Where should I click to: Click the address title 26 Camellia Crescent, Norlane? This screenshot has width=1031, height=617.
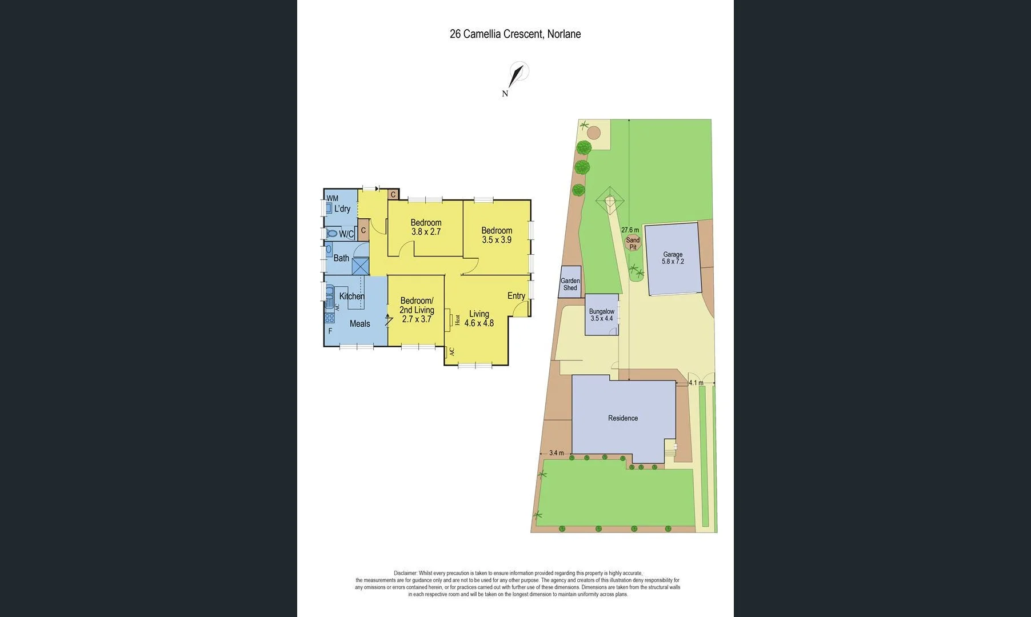(515, 34)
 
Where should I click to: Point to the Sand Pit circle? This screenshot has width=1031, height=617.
(633, 243)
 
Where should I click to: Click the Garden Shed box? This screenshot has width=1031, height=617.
(570, 282)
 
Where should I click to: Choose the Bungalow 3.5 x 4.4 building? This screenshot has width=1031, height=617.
(601, 315)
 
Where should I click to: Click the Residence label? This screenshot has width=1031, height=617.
(623, 418)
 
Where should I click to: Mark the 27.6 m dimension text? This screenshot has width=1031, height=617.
(630, 230)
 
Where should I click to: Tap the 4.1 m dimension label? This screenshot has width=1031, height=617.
(696, 383)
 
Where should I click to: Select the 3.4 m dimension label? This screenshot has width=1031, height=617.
(556, 454)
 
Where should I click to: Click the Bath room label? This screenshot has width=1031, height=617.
(341, 258)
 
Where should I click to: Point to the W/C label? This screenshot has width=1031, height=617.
(346, 234)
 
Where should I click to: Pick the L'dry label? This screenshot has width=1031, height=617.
(342, 209)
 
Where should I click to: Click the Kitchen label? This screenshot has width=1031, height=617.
(351, 296)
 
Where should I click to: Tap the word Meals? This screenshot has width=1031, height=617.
(359, 324)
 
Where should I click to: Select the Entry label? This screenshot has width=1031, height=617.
(516, 296)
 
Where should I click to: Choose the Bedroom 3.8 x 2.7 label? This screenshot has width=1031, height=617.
(426, 227)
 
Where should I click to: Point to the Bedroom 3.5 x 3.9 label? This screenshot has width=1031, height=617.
(497, 235)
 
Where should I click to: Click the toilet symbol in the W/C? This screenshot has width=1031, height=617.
(331, 234)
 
